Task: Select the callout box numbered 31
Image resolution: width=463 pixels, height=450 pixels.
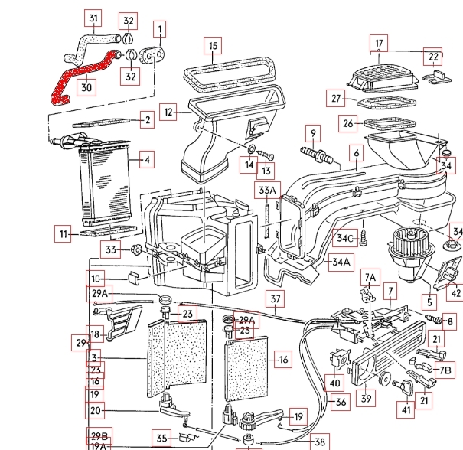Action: pos(93,18)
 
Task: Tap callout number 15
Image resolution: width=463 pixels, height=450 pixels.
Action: pos(213,46)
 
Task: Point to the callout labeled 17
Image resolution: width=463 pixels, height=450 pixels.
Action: pos(379,42)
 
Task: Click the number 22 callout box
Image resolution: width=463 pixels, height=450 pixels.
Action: pos(433,57)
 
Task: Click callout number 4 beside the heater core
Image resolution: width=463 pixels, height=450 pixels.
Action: pos(144,161)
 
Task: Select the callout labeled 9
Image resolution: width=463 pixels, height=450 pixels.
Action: pos(312,133)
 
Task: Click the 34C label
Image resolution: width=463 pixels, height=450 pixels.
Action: pos(345,238)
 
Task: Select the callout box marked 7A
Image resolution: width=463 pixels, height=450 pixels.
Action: pos(370,276)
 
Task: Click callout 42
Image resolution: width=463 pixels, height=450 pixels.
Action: pos(455,291)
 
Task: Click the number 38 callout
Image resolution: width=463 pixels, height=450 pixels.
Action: pos(319,442)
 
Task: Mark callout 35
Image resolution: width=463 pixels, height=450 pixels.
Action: pos(161,438)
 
